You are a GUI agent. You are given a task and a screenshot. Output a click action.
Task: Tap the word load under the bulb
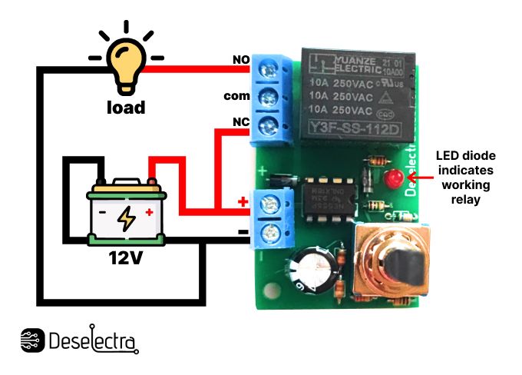click(x=125, y=108)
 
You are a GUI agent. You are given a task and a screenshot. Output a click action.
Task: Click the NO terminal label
click(x=240, y=60)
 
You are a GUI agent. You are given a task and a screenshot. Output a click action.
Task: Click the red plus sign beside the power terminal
click(x=244, y=202)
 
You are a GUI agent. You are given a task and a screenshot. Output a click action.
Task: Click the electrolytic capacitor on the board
click(x=312, y=269)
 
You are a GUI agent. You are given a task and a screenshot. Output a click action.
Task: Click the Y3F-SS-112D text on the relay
click(x=355, y=128)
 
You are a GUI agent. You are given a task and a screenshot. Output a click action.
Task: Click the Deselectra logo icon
click(x=31, y=340)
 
